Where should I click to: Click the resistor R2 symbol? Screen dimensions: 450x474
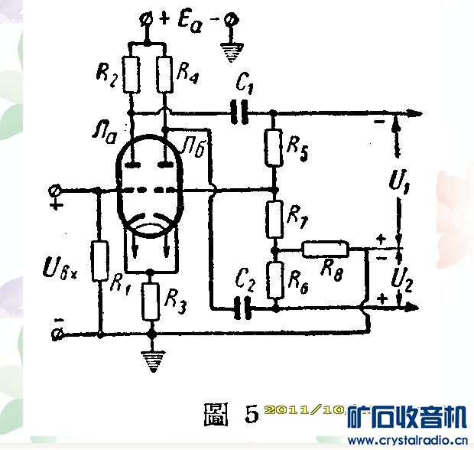coord(133,73)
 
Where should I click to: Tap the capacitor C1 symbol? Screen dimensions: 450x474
coord(240,113)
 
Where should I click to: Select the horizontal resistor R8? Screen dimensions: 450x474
coord(326,249)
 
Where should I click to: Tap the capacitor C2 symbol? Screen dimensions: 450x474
coord(243,308)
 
